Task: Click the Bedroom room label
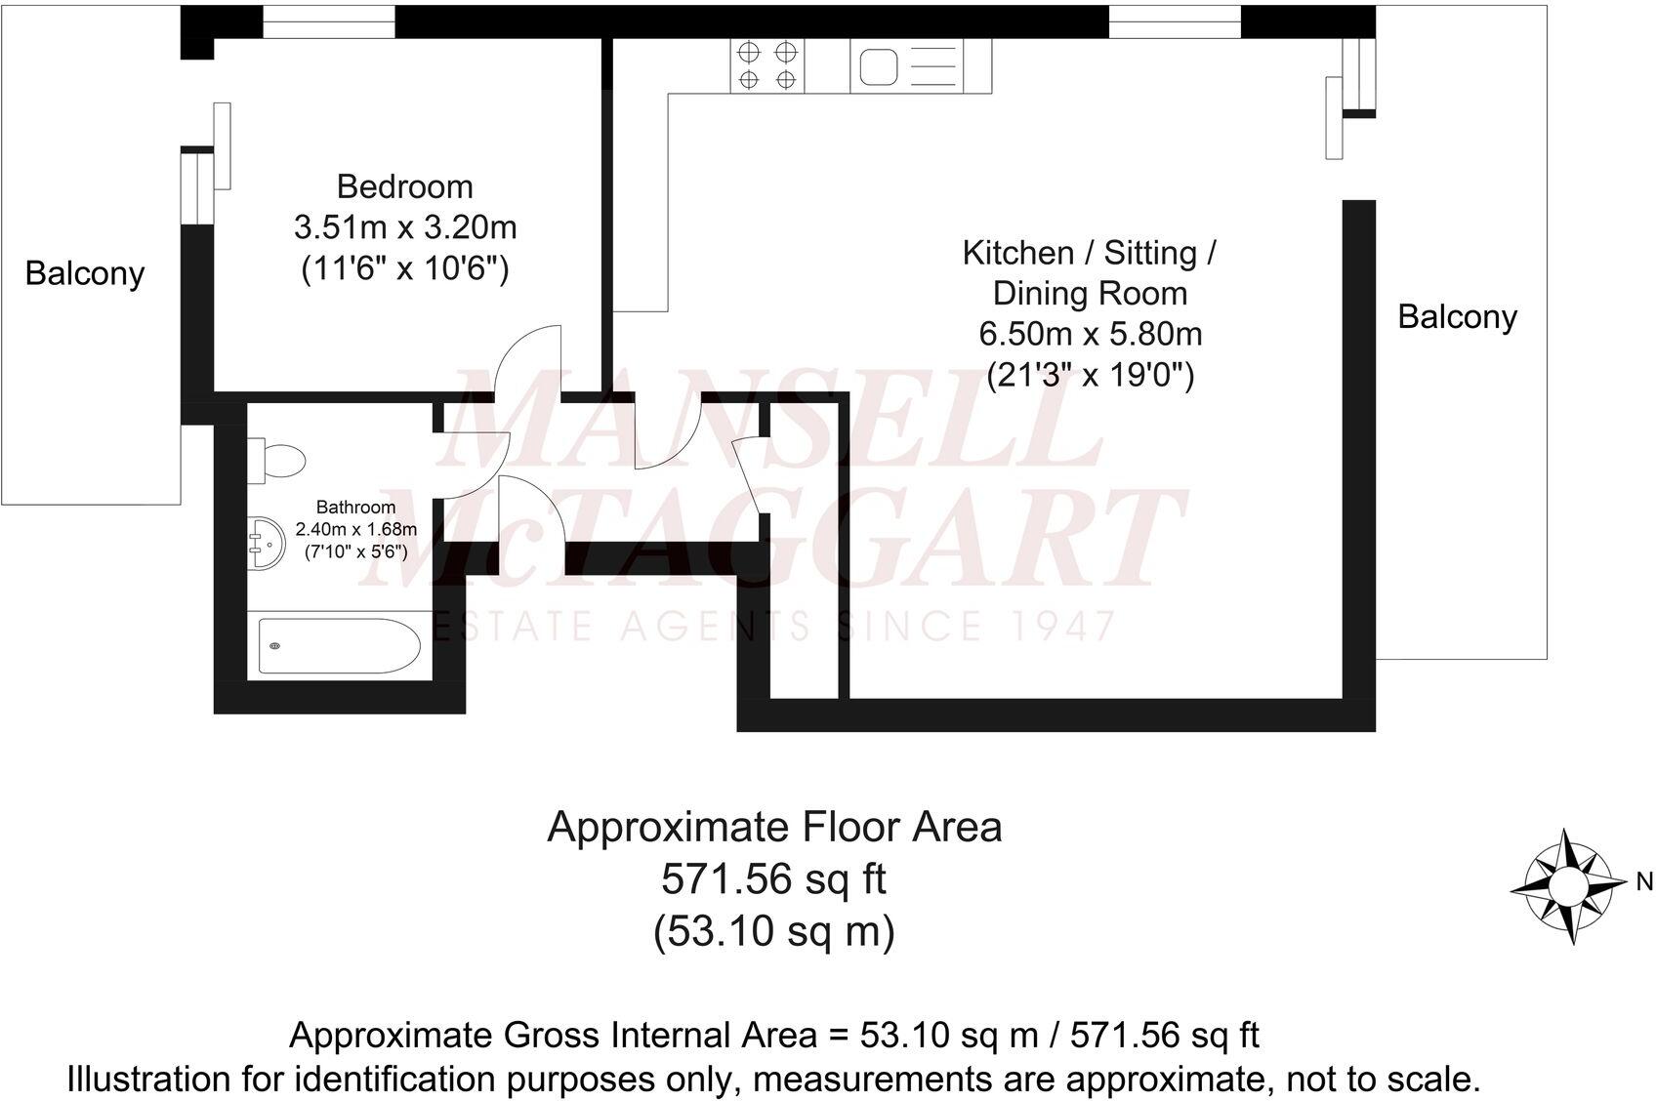click(x=404, y=186)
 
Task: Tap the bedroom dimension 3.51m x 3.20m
click(x=404, y=227)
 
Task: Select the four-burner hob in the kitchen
click(x=767, y=65)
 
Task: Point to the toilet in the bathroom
click(x=278, y=460)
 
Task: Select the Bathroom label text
click(x=355, y=507)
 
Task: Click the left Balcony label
click(x=85, y=273)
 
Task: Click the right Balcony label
click(x=1457, y=316)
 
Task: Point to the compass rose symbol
click(x=1566, y=886)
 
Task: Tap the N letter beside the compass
click(x=1644, y=881)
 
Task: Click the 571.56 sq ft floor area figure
click(x=773, y=879)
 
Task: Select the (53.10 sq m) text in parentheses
click(x=773, y=931)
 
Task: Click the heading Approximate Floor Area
click(x=773, y=827)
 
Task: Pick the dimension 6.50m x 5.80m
click(x=1090, y=334)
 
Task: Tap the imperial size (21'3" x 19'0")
click(x=1090, y=375)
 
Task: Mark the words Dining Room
click(x=1090, y=293)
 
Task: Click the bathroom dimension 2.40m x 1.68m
click(x=355, y=529)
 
